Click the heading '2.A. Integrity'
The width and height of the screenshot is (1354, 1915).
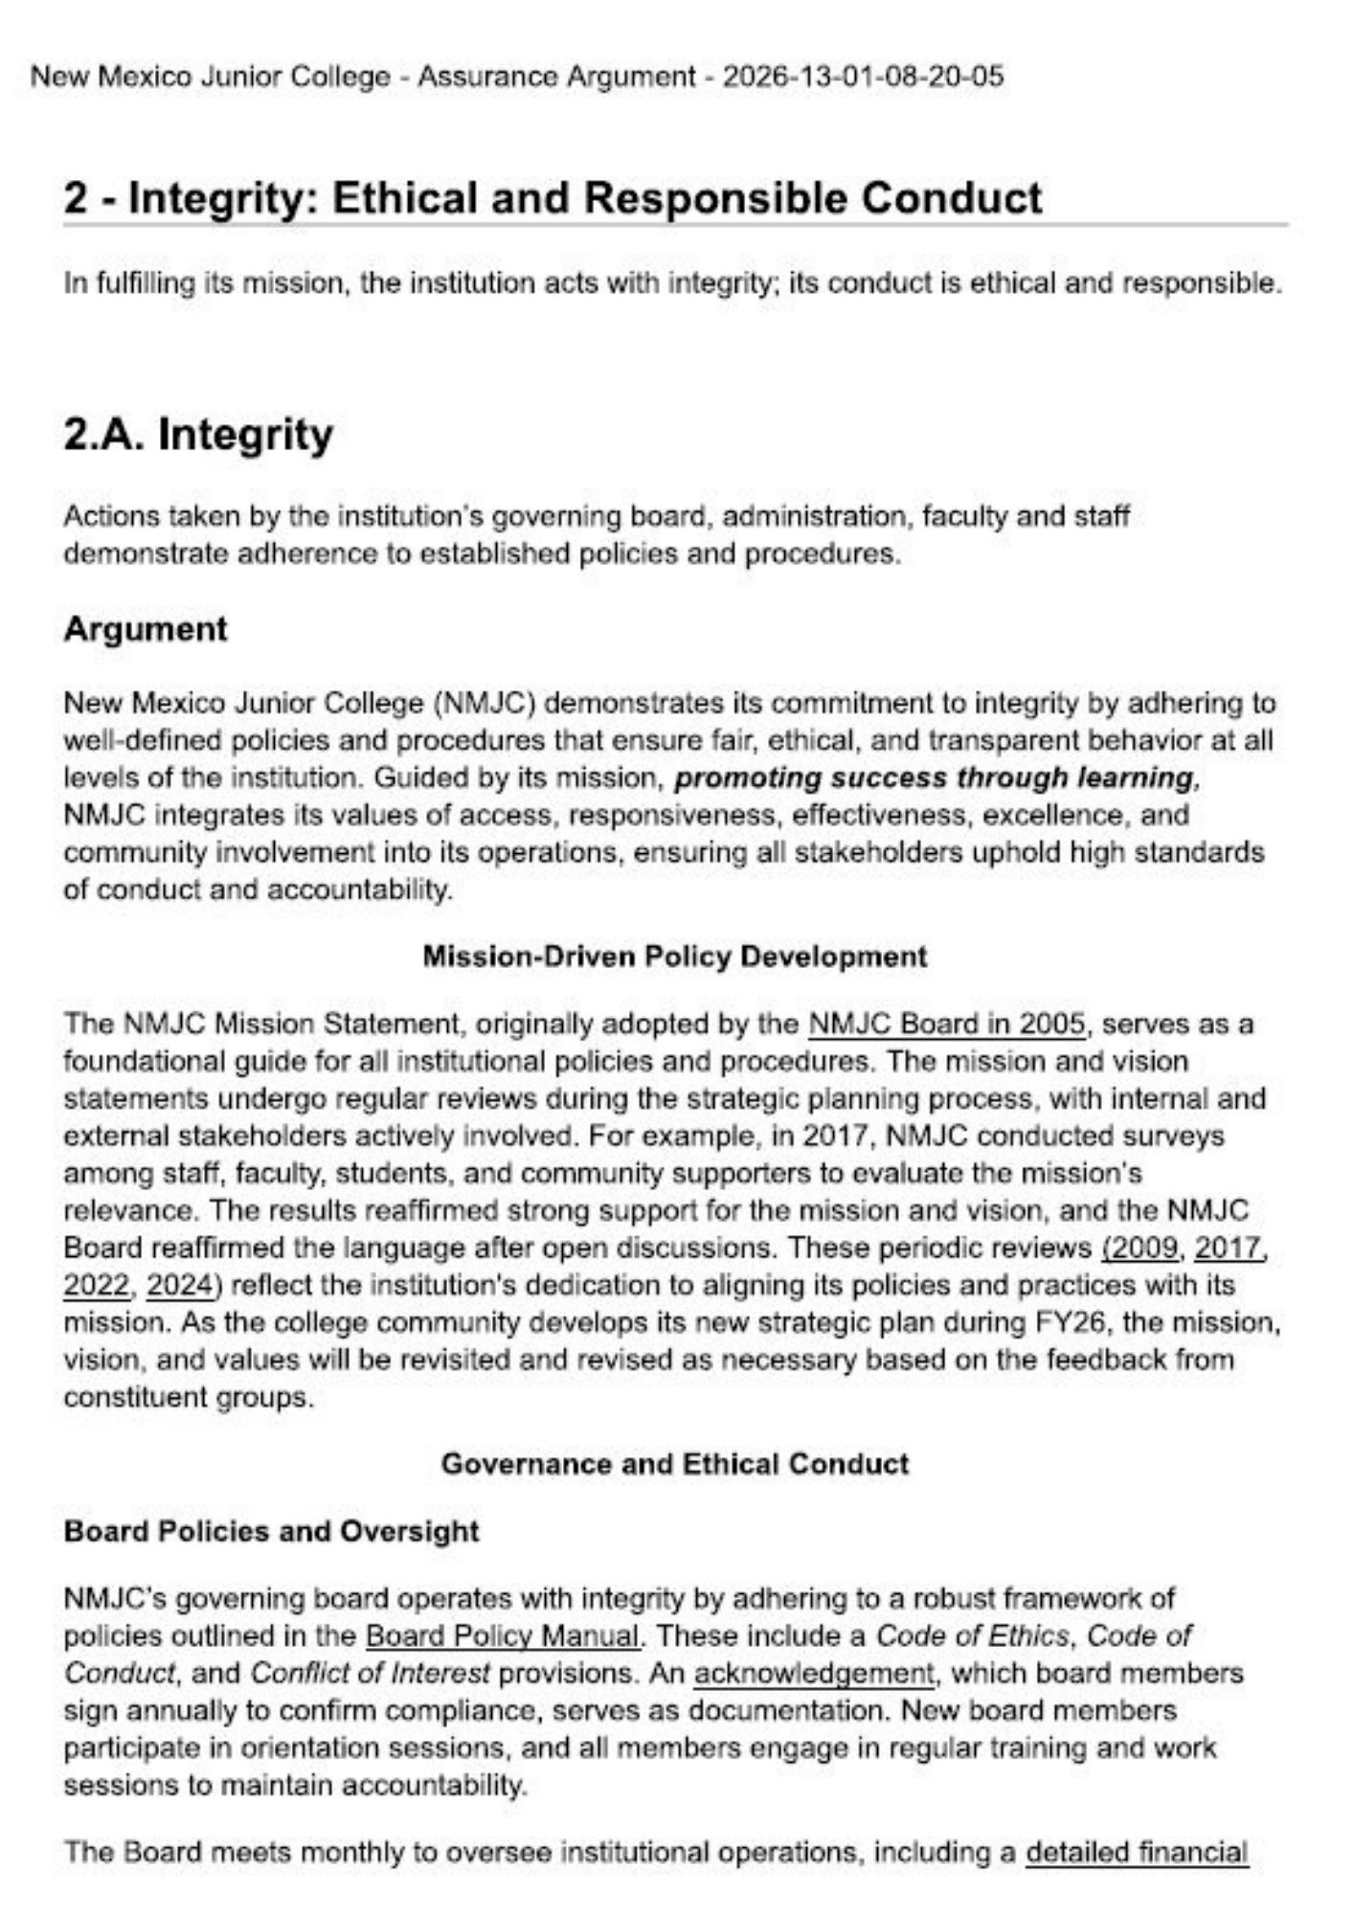pos(198,435)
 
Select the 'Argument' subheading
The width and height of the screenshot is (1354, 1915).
pos(146,629)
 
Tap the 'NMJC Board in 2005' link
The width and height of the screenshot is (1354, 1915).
pos(947,1025)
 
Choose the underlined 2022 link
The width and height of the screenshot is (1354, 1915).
pos(96,1286)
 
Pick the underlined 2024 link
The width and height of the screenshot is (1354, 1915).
pos(179,1286)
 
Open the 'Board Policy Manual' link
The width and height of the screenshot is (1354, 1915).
pos(503,1635)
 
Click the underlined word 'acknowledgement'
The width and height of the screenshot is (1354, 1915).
pos(813,1673)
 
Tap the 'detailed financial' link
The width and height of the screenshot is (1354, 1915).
pos(1137,1853)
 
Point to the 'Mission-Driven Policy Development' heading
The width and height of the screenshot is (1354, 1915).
pos(675,957)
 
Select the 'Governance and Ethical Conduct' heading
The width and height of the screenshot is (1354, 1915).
pos(675,1464)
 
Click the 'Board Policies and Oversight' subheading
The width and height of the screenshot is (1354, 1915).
pos(271,1531)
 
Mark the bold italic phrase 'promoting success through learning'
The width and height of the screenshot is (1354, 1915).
pos(934,777)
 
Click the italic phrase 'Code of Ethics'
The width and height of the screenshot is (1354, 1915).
pos(972,1635)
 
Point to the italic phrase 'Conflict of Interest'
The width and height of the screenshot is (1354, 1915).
pos(370,1673)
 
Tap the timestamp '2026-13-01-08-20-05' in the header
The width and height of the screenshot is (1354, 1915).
pos(863,77)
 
